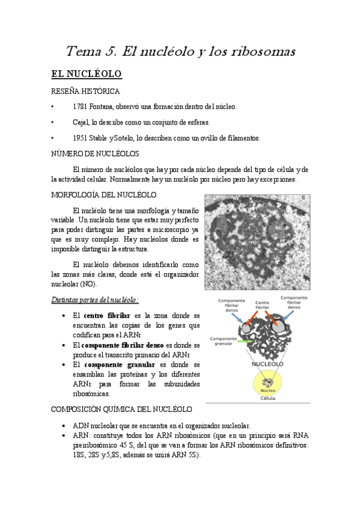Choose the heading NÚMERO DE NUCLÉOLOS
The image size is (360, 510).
pos(95,154)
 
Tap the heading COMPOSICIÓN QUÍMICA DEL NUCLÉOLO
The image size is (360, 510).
pos(121,409)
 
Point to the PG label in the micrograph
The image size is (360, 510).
pos(254,241)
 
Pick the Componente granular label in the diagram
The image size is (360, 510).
pos(223,342)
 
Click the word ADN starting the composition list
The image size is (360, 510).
pos(80,425)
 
